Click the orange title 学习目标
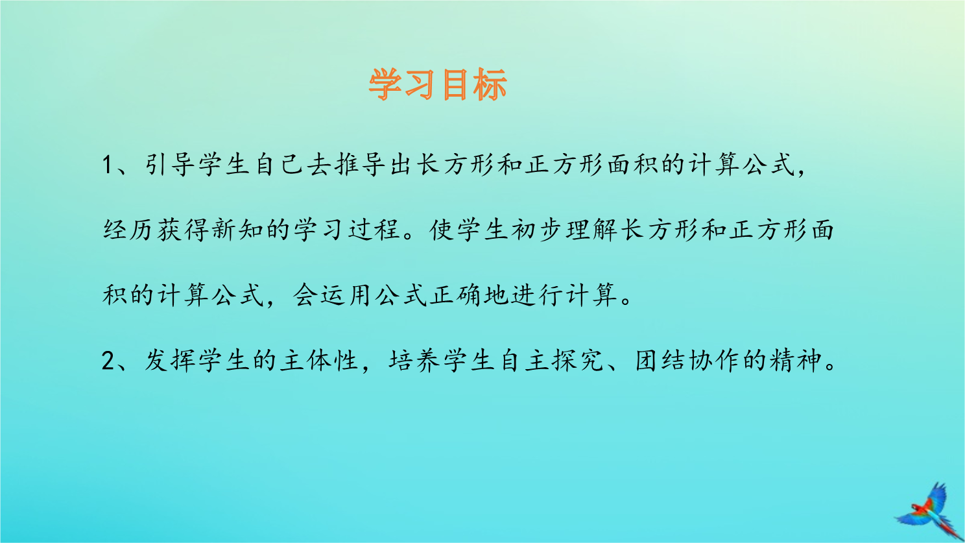[438, 84]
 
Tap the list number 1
[108, 165]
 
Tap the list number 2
[108, 360]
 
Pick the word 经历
[128, 230]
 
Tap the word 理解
[591, 230]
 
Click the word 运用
[346, 295]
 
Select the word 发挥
[169, 360]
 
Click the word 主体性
[319, 360]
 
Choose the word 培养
[414, 360]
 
